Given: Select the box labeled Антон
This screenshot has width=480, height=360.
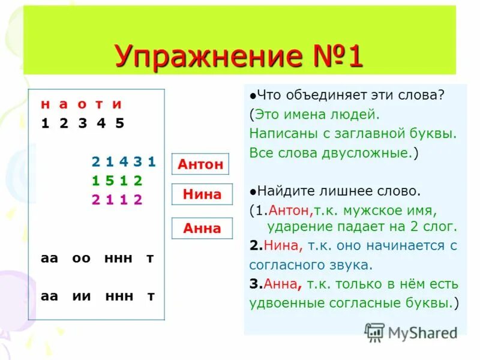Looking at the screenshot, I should click(200, 164).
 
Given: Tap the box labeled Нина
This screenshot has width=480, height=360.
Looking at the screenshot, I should click(202, 194).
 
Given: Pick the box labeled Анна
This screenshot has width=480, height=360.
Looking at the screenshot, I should click(202, 228).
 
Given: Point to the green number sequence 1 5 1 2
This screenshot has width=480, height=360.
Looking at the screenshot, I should click(117, 181).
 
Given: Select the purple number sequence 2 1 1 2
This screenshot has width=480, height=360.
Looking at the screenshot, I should click(117, 200).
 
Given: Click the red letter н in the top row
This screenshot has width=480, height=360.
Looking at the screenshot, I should click(45, 104).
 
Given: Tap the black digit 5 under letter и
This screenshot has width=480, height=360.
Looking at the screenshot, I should click(119, 124).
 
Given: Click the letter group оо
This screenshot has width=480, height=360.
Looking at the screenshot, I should click(81, 258).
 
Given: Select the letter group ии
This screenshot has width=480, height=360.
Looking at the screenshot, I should click(81, 296).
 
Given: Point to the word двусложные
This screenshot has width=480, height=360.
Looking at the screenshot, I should click(365, 152).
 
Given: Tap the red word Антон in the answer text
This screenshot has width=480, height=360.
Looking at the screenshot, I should click(289, 211).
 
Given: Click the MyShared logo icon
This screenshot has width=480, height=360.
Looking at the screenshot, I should click(374, 332).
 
